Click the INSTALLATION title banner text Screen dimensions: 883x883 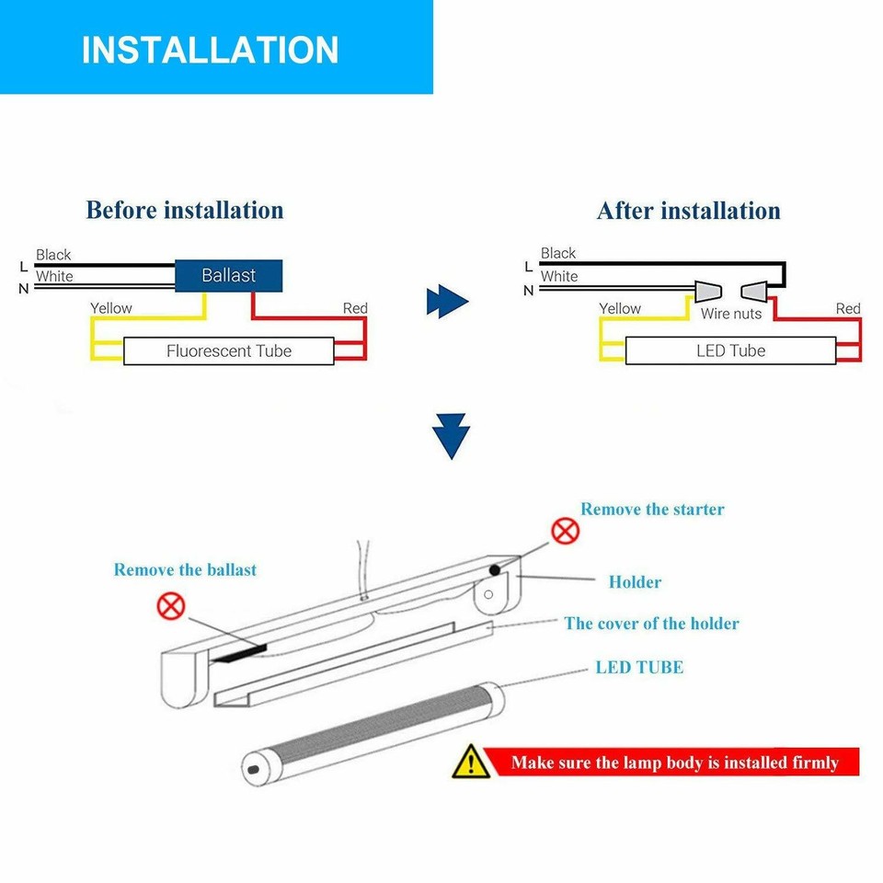click(210, 50)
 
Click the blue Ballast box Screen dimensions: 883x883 click(228, 275)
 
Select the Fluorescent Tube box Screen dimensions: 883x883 click(228, 350)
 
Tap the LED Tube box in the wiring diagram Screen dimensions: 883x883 click(730, 350)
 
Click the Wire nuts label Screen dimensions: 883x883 click(731, 315)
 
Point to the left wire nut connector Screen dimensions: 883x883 click(707, 292)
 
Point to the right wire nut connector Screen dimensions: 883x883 click(754, 292)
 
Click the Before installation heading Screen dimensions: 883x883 click(185, 210)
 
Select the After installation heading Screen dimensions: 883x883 click(688, 211)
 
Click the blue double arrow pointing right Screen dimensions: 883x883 click(448, 301)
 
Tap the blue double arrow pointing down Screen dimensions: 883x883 click(451, 435)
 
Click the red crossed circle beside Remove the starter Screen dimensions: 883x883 click(565, 531)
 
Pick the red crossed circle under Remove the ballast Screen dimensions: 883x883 click(172, 605)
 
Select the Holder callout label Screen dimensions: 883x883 click(635, 582)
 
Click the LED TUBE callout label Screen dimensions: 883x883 click(639, 668)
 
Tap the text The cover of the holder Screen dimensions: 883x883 click(651, 624)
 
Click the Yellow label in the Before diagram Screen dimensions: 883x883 click(111, 308)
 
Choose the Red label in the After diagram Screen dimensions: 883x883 click(848, 308)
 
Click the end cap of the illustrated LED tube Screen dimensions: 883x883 click(252, 766)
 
